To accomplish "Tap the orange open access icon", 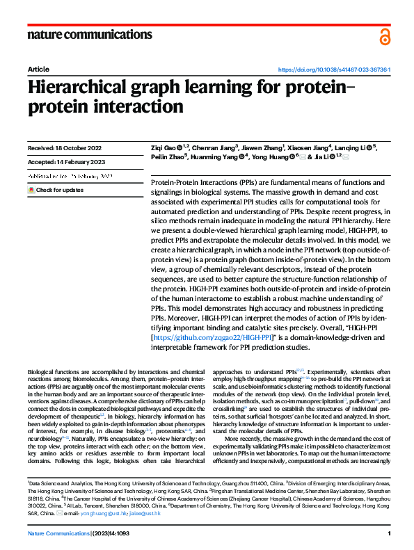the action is [x=385, y=37].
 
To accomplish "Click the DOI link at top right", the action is [x=334, y=70].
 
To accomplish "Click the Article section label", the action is [x=38, y=70].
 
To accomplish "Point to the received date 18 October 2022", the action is [x=65, y=148].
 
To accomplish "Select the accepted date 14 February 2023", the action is [x=65, y=163].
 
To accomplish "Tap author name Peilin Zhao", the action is [x=167, y=157].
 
